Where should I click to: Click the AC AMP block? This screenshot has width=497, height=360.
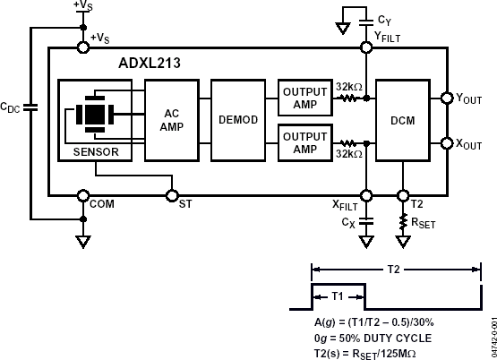(x=171, y=119)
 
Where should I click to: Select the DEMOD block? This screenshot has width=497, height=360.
(x=237, y=119)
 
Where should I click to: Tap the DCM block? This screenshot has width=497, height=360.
(x=403, y=119)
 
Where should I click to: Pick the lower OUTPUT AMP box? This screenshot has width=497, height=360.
(x=304, y=142)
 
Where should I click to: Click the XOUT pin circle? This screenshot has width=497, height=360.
(x=448, y=142)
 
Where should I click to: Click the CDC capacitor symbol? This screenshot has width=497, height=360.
(x=31, y=107)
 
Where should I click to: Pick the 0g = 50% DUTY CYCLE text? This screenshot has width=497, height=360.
(x=372, y=338)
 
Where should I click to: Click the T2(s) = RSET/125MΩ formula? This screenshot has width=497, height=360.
(x=372, y=351)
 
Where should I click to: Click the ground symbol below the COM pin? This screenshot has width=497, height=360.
(x=82, y=240)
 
